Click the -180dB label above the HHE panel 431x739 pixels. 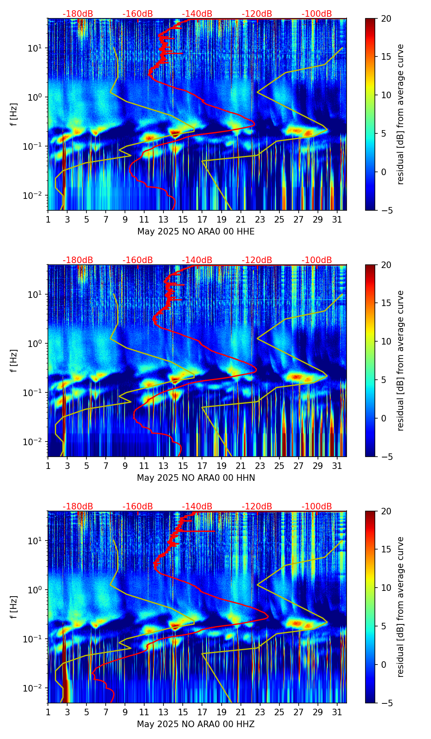(x=78, y=14)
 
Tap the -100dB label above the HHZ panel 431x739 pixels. (x=317, y=507)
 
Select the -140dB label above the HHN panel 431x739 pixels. (x=197, y=260)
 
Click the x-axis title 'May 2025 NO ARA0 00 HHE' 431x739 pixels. (x=196, y=232)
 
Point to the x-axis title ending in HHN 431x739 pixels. (x=196, y=478)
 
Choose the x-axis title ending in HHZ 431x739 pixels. (x=196, y=724)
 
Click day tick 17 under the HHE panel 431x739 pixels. (x=202, y=219)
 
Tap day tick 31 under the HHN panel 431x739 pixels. (x=337, y=466)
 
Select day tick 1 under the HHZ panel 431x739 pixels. (x=48, y=712)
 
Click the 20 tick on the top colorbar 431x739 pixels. (x=386, y=18)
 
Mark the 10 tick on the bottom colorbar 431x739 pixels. (x=386, y=588)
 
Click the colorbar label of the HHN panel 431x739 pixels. (x=401, y=360)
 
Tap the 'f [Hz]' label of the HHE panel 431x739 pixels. (x=14, y=114)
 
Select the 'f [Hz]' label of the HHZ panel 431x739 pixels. (x=14, y=607)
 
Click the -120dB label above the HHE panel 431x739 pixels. (x=257, y=14)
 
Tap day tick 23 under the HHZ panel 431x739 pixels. (x=260, y=712)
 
